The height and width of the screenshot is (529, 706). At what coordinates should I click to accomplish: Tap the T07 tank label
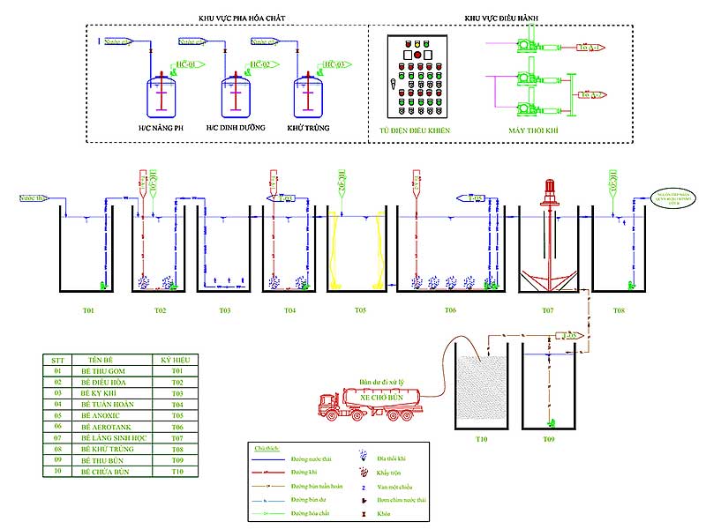pos(547,310)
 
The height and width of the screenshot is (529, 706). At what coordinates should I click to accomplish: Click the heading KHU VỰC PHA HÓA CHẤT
pos(225,18)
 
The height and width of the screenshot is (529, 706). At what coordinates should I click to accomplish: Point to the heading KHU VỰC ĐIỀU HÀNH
pos(501,18)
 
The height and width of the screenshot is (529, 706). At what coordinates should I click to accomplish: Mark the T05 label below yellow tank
pos(360,310)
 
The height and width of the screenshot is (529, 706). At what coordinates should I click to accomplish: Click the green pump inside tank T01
pos(104,285)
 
